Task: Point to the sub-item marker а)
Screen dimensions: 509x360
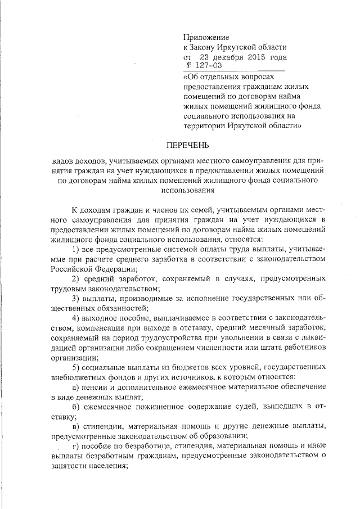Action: point(77,388)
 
